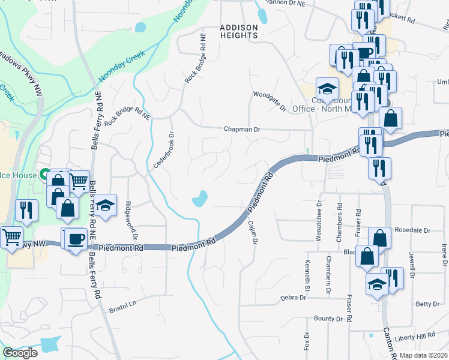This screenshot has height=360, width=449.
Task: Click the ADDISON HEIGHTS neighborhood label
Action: (x=238, y=31)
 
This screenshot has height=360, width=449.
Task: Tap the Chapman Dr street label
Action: (x=242, y=129)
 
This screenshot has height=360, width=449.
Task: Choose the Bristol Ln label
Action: (x=123, y=307)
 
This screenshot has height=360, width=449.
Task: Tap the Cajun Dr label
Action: (x=253, y=232)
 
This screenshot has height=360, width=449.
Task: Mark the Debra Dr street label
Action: (x=294, y=298)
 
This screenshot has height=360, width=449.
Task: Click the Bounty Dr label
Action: (x=327, y=319)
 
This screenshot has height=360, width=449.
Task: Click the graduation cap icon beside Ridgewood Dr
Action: (x=104, y=206)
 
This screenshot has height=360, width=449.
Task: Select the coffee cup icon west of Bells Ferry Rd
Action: (x=76, y=239)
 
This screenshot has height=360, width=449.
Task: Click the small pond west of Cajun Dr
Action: (x=200, y=199)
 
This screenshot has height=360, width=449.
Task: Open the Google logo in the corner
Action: (x=20, y=353)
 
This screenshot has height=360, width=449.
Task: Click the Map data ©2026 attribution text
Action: (x=424, y=355)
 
